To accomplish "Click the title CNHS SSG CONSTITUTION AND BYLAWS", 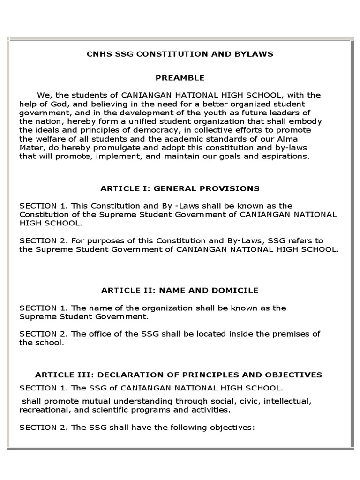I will coord(180,54).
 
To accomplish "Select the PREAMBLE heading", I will coord(180,78).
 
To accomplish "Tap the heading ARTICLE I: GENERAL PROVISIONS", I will coord(180,188).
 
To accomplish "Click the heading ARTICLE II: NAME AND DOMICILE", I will coord(180,290).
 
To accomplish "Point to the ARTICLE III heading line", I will coord(179,375).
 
